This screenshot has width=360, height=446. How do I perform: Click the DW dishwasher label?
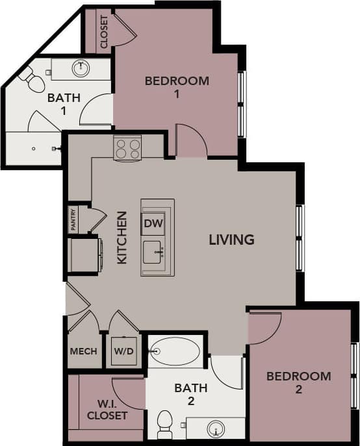click(x=153, y=224)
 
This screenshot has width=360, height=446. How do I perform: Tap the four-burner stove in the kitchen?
click(x=127, y=148)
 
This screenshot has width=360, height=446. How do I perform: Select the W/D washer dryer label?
click(x=123, y=351)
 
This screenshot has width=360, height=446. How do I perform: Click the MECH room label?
click(x=84, y=351)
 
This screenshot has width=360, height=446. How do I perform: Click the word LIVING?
click(x=231, y=240)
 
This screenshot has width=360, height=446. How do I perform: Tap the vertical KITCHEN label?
click(x=122, y=237)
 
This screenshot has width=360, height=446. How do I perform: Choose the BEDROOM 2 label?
click(x=298, y=382)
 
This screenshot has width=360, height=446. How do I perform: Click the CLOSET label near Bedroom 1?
click(x=104, y=32)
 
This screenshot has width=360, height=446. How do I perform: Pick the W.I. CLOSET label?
click(x=107, y=409)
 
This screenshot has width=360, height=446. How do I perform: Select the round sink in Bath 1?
click(x=81, y=68)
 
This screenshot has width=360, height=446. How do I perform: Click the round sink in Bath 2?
click(x=215, y=428)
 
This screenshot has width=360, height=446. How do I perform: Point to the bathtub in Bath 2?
click(x=174, y=351)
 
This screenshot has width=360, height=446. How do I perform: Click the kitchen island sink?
click(x=153, y=251)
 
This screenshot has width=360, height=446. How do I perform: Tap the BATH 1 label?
click(x=64, y=104)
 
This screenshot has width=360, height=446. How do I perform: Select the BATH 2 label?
click(x=190, y=394)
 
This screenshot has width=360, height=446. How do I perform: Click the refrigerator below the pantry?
click(x=83, y=255)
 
